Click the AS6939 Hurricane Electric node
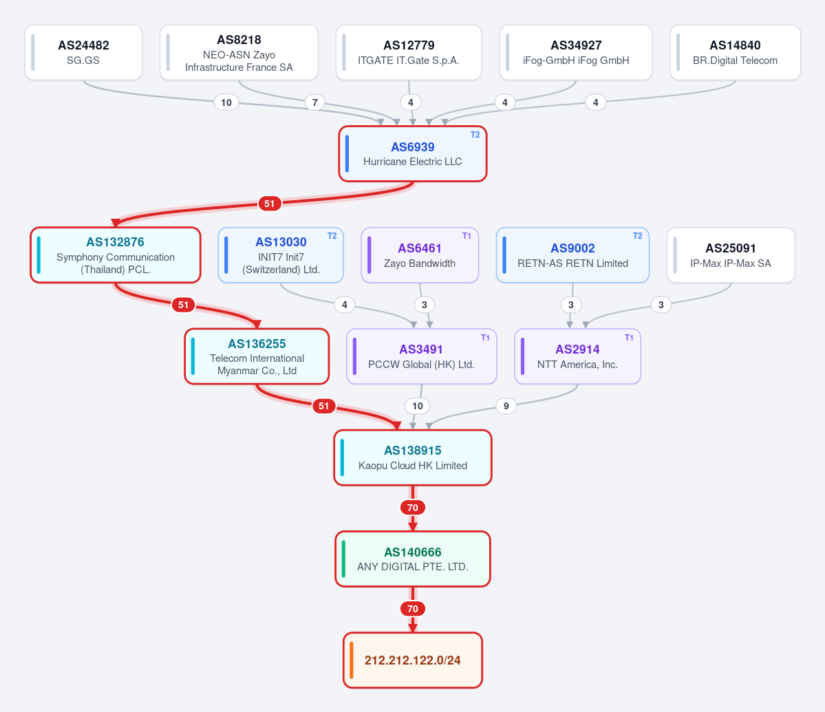click(x=413, y=153)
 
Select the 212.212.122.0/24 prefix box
click(x=413, y=660)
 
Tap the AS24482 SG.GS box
click(x=84, y=52)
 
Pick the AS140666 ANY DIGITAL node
click(x=413, y=559)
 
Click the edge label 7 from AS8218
click(x=314, y=103)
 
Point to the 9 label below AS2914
click(x=506, y=406)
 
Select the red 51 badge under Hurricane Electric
click(x=270, y=204)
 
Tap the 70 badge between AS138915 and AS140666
click(x=413, y=508)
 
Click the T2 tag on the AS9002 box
click(x=637, y=236)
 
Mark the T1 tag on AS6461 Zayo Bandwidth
click(x=467, y=236)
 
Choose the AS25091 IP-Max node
click(x=731, y=255)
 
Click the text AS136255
click(x=257, y=344)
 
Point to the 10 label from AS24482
click(x=226, y=103)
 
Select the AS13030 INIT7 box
click(x=281, y=255)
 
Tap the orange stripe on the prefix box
click(x=352, y=660)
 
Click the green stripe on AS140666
click(x=343, y=559)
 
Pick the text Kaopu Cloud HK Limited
click(x=413, y=465)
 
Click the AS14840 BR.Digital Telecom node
click(x=735, y=52)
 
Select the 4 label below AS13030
click(x=345, y=305)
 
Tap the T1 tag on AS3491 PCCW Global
click(x=485, y=338)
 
